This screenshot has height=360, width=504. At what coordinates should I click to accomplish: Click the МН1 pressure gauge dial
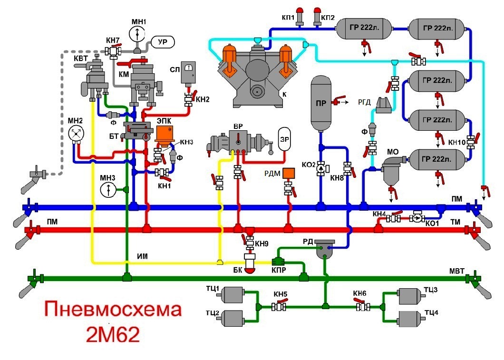point(138,33)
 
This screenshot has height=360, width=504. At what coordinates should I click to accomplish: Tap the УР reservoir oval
point(163,42)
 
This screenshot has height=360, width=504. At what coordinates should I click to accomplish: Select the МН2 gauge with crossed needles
point(76,135)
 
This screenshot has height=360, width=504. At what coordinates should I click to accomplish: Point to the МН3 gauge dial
point(108,190)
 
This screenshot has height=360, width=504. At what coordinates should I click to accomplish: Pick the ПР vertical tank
point(321,103)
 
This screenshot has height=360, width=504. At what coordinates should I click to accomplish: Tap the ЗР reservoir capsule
point(284,138)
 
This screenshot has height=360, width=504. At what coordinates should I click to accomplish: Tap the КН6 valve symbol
point(364,307)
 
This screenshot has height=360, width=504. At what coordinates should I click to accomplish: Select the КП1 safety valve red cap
point(300,10)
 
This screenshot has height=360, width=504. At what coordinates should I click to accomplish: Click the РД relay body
point(325,248)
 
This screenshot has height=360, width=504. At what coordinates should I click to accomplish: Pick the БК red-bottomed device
point(250,264)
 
